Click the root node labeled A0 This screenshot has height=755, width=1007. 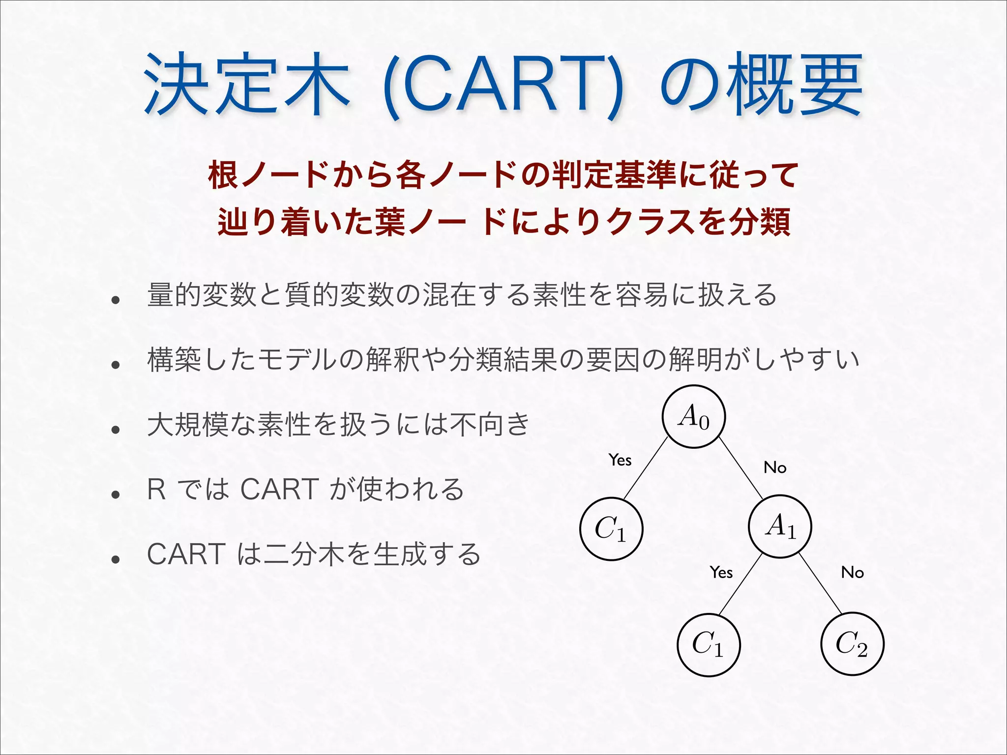pyautogui.click(x=693, y=416)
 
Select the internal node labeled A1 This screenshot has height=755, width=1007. pyautogui.click(x=780, y=526)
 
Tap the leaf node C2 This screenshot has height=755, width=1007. pyautogui.click(x=852, y=643)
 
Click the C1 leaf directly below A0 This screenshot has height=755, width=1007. pyautogui.click(x=611, y=529)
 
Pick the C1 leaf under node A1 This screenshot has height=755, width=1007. pyautogui.click(x=708, y=644)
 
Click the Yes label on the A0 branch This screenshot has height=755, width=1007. pyautogui.click(x=620, y=460)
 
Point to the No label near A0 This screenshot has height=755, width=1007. pyautogui.click(x=774, y=467)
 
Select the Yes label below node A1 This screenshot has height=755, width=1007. pyautogui.click(x=721, y=572)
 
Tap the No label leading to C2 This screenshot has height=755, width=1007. pyautogui.click(x=852, y=572)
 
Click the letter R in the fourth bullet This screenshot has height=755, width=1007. pyautogui.click(x=156, y=490)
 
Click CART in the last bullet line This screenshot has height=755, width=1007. pyautogui.click(x=186, y=554)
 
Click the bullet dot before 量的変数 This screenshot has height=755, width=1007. pyautogui.click(x=116, y=300)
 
